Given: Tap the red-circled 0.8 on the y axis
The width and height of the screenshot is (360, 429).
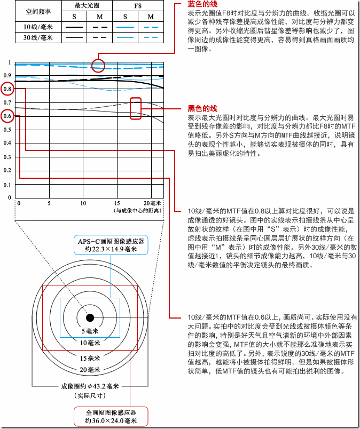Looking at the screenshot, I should [7, 89].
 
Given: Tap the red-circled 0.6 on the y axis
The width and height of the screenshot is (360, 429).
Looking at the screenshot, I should [7, 116].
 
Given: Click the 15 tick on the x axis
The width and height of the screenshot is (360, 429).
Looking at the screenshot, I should [115, 203].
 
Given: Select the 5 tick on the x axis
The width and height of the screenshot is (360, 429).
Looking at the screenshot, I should [49, 203].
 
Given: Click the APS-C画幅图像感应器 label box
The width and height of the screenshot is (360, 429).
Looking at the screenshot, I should [111, 245].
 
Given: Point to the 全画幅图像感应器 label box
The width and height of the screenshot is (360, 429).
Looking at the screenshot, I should [111, 416].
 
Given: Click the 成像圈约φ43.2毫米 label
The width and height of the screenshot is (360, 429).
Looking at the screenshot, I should [90, 386].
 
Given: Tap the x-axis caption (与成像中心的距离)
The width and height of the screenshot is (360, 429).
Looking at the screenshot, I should [138, 211].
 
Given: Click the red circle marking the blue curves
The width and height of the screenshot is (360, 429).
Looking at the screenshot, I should [98, 66].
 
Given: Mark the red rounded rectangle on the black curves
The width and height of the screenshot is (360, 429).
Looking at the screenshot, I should [136, 107].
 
